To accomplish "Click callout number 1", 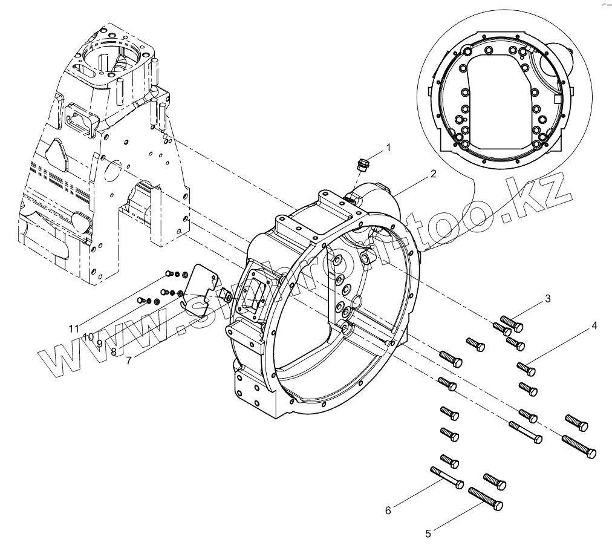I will tap(389, 147).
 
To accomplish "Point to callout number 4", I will tap(594, 325).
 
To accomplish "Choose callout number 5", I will tap(428, 533).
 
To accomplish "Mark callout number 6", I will tap(388, 510).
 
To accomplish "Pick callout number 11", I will tap(74, 328).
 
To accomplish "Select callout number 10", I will tap(88, 336).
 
